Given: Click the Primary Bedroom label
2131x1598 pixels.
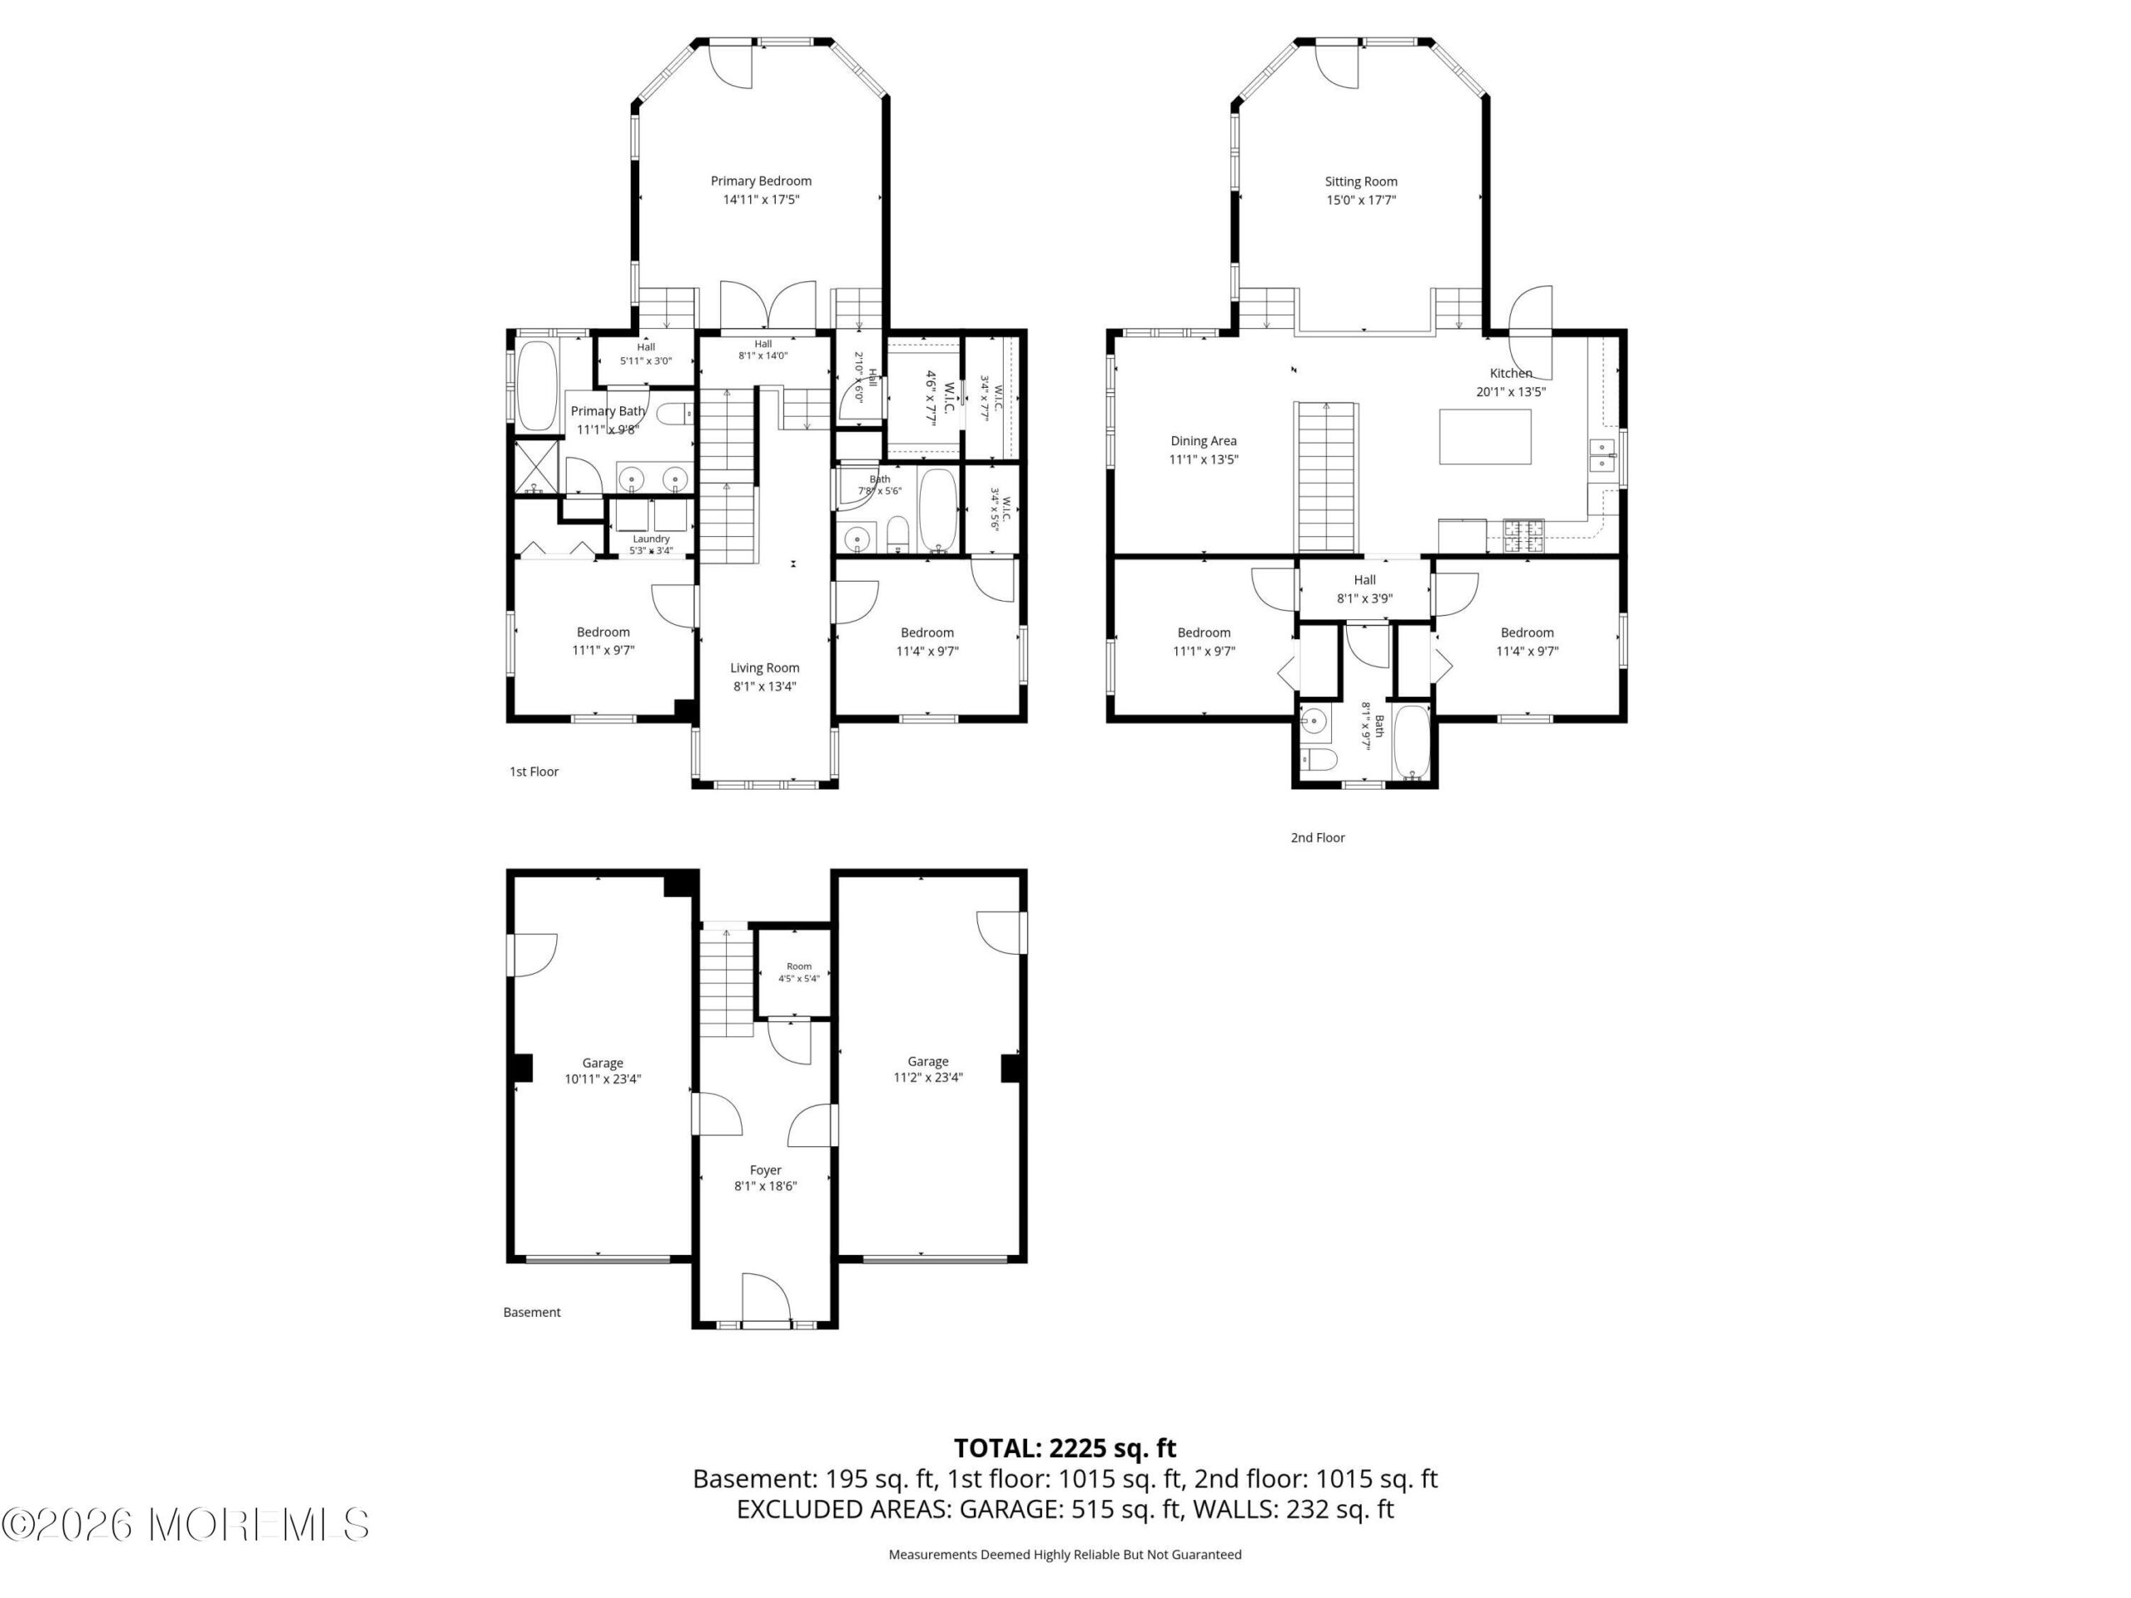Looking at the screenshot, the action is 761,181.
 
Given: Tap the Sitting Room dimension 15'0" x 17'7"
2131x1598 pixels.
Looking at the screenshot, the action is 1361,201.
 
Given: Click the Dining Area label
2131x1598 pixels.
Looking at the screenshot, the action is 1203,441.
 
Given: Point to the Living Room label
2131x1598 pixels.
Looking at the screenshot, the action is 765,667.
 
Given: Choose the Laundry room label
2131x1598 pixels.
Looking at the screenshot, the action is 651,539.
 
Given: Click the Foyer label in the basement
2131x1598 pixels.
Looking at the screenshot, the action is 766,1170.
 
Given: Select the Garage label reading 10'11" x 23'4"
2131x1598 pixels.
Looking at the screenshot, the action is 603,1071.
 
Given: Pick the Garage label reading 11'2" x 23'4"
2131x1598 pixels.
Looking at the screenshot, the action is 928,1069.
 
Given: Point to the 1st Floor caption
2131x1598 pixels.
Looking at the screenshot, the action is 534,772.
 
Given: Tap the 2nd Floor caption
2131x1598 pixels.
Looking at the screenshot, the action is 1317,838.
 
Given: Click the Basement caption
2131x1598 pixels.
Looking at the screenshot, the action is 532,1312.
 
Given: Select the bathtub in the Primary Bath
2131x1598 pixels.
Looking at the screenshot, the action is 537,385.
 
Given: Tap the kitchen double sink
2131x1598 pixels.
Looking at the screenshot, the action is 1602,454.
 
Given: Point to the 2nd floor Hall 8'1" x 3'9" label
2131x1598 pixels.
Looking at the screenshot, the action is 1365,588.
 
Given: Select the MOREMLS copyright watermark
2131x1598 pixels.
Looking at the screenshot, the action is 185,1525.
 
